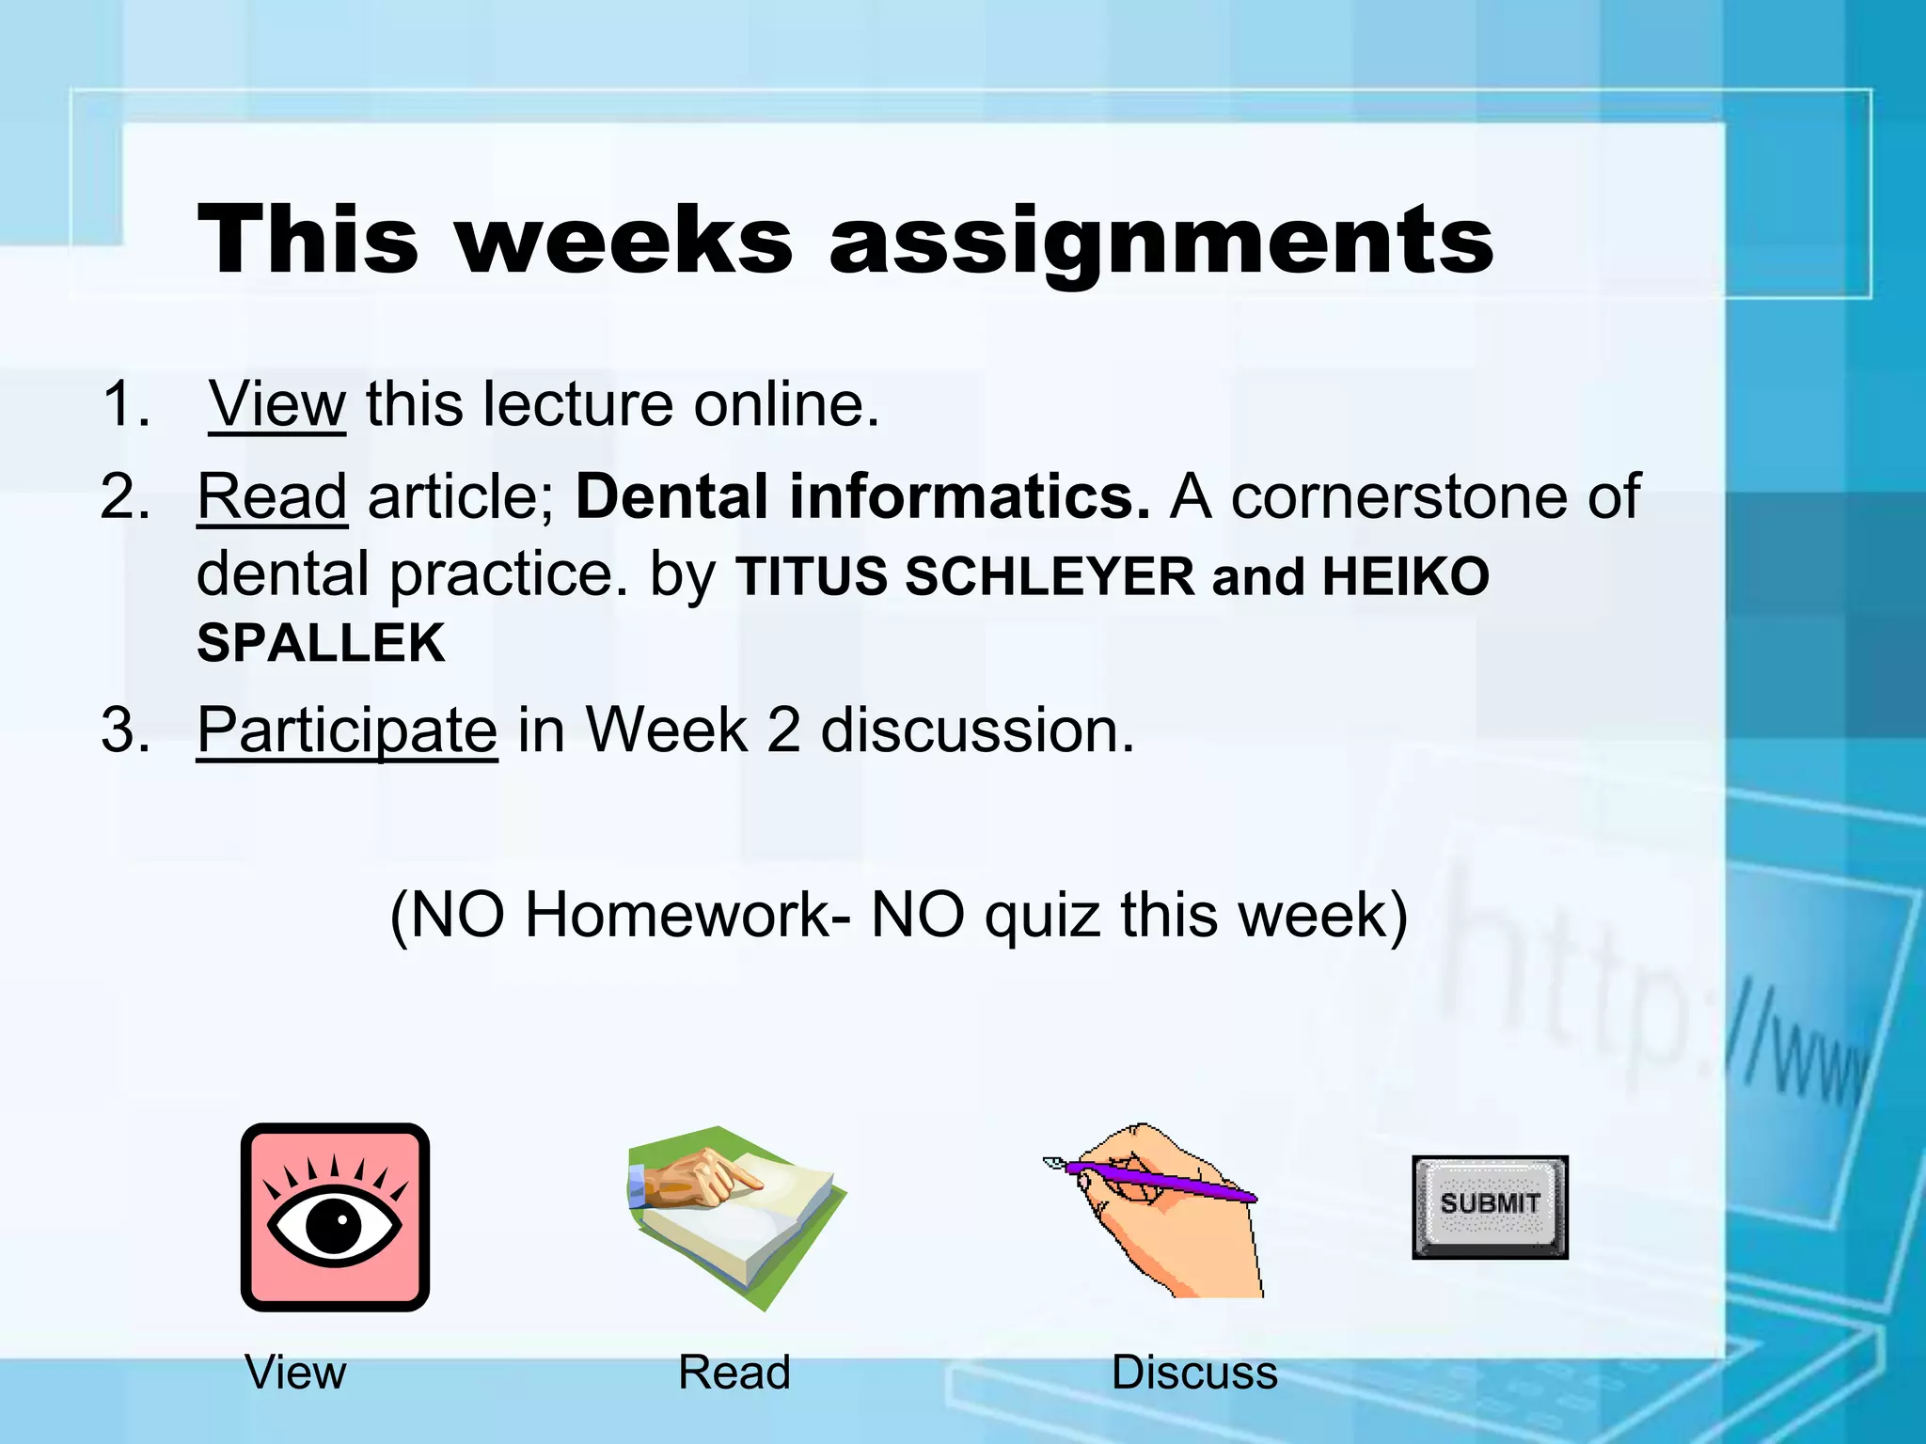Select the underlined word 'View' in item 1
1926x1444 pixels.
click(x=277, y=404)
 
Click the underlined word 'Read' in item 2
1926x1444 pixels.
click(x=272, y=496)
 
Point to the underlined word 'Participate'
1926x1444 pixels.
click(x=347, y=730)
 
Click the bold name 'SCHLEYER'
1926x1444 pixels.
click(x=1050, y=576)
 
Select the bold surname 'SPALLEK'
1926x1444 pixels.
click(x=321, y=644)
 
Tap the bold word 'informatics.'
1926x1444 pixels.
click(x=970, y=496)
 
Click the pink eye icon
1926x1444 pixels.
click(x=335, y=1216)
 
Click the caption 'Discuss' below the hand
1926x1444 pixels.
click(x=1194, y=1373)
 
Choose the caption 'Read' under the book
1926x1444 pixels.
click(x=734, y=1373)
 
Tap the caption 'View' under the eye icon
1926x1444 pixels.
click(x=295, y=1373)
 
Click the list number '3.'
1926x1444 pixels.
click(x=126, y=730)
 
